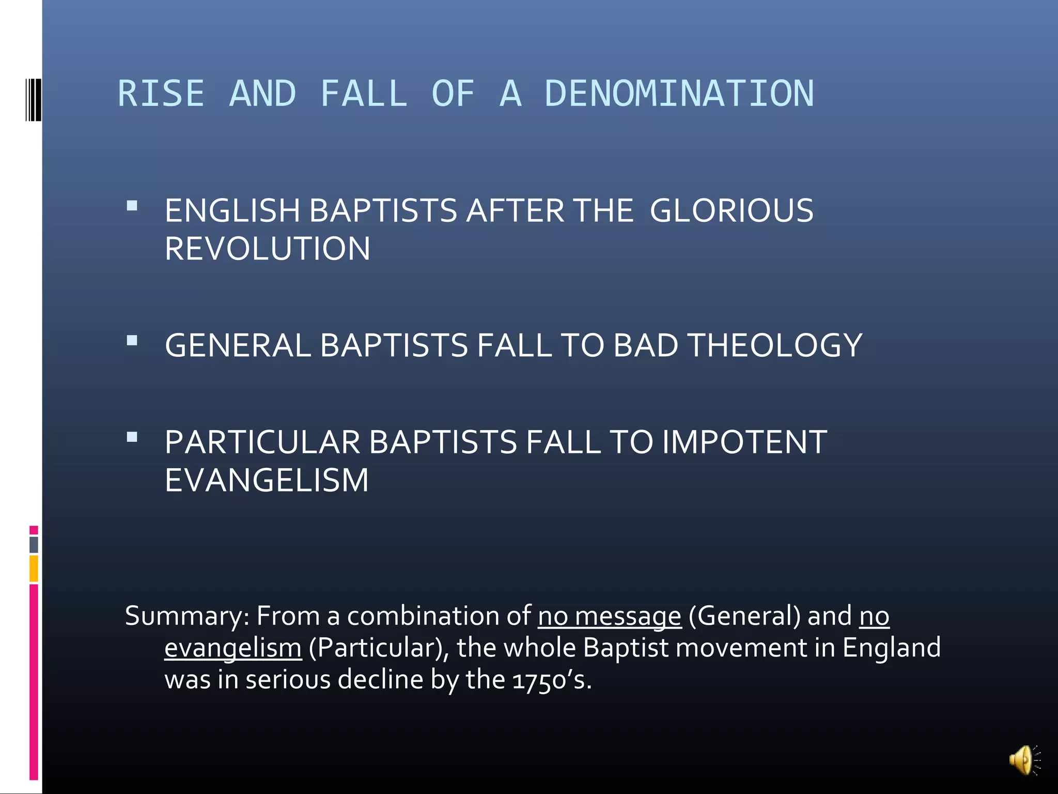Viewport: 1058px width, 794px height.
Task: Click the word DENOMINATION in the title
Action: click(679, 94)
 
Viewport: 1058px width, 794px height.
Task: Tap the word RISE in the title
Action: click(161, 94)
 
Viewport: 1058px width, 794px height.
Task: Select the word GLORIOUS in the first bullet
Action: click(731, 211)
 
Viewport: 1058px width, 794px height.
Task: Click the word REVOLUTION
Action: click(267, 249)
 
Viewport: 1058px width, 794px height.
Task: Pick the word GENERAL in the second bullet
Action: click(238, 345)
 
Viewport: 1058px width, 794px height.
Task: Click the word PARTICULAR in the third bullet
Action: click(262, 442)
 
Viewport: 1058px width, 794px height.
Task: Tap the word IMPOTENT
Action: click(744, 442)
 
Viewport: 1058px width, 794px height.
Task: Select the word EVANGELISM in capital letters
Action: click(267, 480)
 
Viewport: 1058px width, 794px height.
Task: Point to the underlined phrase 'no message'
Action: click(610, 616)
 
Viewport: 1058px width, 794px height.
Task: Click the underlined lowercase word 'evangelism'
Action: click(232, 648)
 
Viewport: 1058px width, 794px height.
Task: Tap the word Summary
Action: click(187, 616)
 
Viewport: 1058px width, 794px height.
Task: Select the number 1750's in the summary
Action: click(551, 680)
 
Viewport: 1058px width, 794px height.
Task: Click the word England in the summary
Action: click(891, 648)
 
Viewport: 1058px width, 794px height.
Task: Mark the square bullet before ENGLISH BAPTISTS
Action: click(132, 206)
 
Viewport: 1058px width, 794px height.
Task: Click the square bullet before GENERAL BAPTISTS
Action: click(132, 341)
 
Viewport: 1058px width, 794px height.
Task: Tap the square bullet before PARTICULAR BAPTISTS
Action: click(132, 438)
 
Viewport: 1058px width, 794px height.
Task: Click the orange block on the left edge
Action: click(34, 568)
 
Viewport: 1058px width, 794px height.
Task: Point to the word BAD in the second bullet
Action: click(645, 345)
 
